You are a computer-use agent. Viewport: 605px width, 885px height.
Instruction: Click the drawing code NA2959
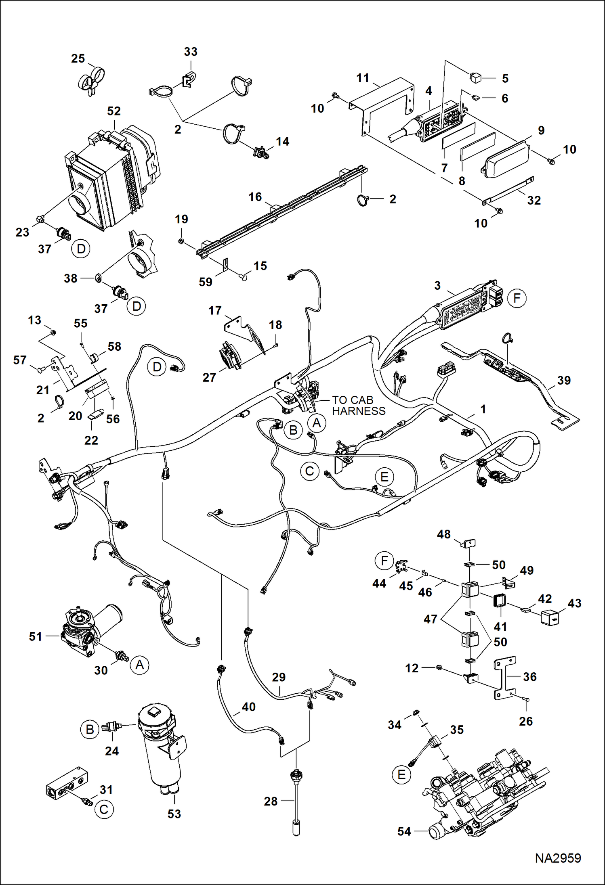pyautogui.click(x=558, y=858)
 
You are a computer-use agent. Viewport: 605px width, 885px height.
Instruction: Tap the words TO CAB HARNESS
pyautogui.click(x=358, y=406)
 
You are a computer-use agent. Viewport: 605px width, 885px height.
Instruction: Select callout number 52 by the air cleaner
pyautogui.click(x=114, y=111)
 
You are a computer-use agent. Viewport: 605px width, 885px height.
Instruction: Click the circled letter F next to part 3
pyautogui.click(x=517, y=298)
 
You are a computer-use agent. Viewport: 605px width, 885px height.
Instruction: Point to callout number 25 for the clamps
pyautogui.click(x=78, y=59)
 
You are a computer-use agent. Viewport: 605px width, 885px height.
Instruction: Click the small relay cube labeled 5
pyautogui.click(x=476, y=77)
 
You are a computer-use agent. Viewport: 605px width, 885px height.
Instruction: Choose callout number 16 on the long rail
pyautogui.click(x=255, y=197)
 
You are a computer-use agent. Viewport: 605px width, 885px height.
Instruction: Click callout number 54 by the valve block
pyautogui.click(x=404, y=831)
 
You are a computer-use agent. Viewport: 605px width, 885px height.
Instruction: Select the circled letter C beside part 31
pyautogui.click(x=104, y=810)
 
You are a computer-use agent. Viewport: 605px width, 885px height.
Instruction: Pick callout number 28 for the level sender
pyautogui.click(x=271, y=801)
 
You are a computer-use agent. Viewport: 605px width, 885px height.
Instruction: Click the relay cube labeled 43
pyautogui.click(x=550, y=617)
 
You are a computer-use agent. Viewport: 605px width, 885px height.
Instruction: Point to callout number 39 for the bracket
pyautogui.click(x=564, y=380)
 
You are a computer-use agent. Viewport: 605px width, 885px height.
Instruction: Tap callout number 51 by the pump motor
pyautogui.click(x=36, y=636)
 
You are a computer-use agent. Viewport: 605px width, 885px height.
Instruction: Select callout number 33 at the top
pyautogui.click(x=191, y=52)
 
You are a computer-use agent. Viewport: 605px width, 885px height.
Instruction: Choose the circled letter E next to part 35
pyautogui.click(x=401, y=774)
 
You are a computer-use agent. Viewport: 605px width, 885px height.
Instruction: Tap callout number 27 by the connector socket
pyautogui.click(x=209, y=377)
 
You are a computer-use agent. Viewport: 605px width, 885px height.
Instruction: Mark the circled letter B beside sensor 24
pyautogui.click(x=90, y=729)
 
